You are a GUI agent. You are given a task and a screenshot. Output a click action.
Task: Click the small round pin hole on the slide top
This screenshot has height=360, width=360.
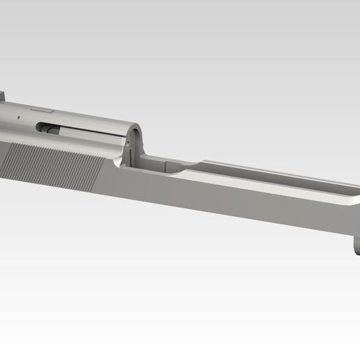(19, 117)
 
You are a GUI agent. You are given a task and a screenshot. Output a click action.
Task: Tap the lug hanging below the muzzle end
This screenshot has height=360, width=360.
(355, 248)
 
